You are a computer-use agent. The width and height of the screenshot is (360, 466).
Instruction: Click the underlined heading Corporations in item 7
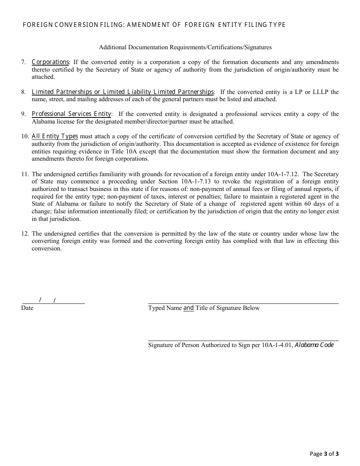pyautogui.click(x=50, y=62)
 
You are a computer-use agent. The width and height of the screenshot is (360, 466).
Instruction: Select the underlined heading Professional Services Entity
pyautogui.click(x=71, y=114)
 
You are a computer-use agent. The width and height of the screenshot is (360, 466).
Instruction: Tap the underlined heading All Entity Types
pyautogui.click(x=55, y=136)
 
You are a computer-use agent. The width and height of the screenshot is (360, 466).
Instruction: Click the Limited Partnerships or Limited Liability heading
pyautogui.click(x=122, y=92)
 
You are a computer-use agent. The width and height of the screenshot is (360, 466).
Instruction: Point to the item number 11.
pyautogui.click(x=25, y=174)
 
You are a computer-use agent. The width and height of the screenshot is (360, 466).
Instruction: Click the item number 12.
pyautogui.click(x=25, y=234)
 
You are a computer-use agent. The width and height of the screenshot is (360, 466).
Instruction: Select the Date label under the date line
pyautogui.click(x=27, y=308)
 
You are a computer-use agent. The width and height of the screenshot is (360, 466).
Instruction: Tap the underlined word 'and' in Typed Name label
pyautogui.click(x=188, y=308)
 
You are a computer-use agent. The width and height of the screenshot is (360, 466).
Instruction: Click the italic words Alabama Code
pyautogui.click(x=314, y=345)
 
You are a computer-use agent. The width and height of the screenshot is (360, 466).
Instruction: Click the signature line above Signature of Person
pyautogui.click(x=243, y=341)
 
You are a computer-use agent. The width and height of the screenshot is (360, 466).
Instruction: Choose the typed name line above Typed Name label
pyautogui.click(x=243, y=303)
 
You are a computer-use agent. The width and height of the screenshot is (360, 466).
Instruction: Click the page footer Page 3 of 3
pyautogui.click(x=324, y=454)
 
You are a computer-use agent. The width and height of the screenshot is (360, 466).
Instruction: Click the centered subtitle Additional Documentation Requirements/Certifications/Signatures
pyautogui.click(x=185, y=47)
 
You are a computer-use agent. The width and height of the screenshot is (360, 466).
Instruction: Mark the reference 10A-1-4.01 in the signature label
pyautogui.click(x=277, y=345)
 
